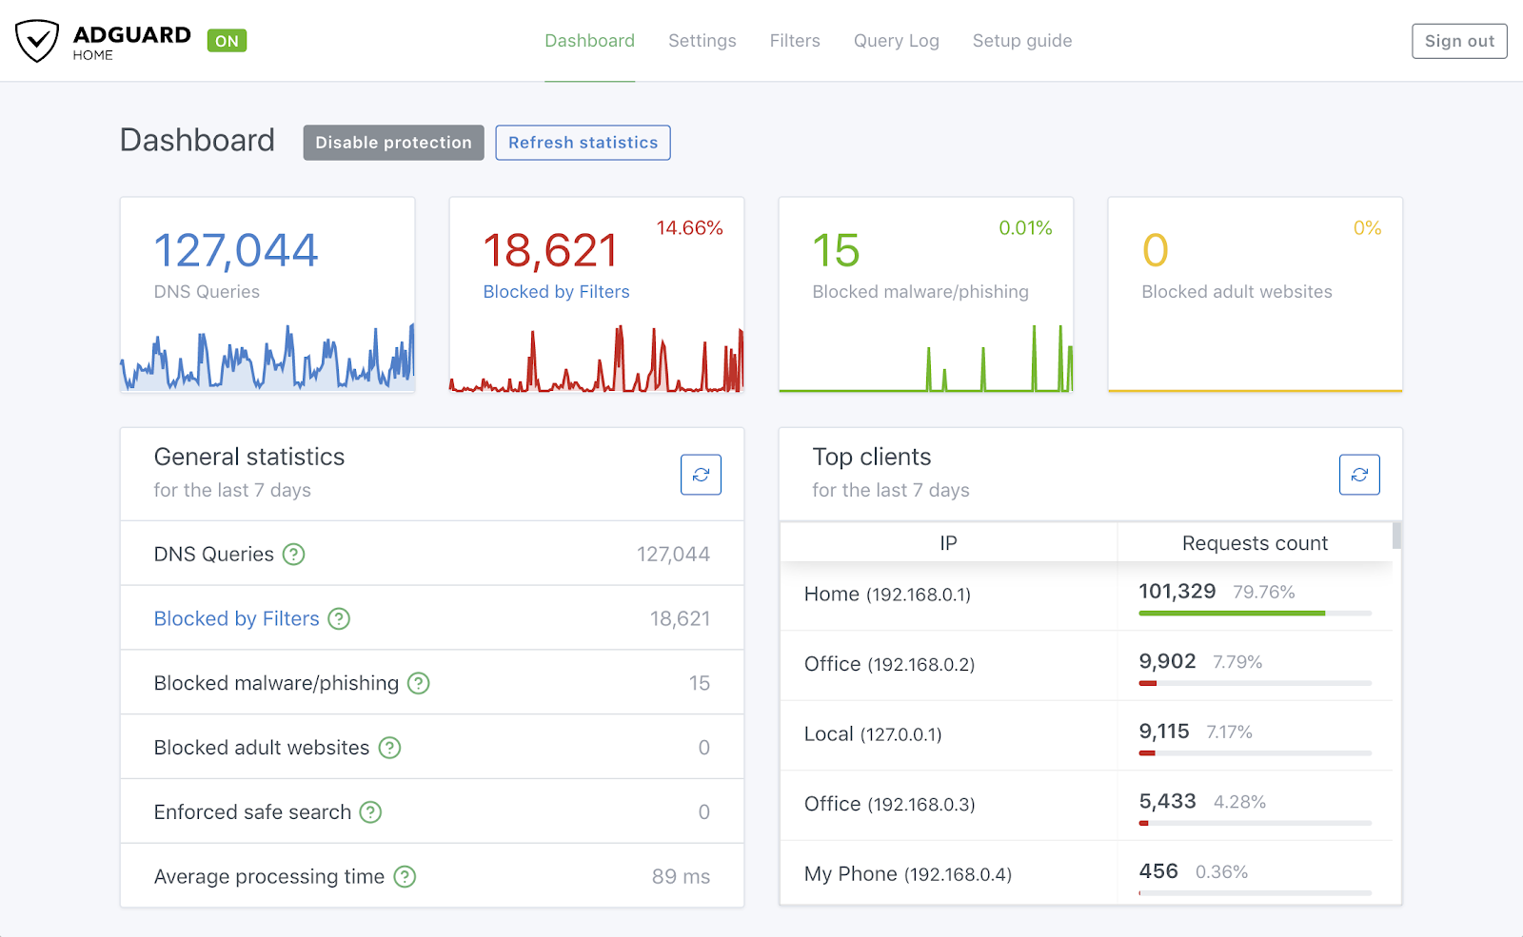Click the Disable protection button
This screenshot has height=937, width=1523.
pyautogui.click(x=393, y=143)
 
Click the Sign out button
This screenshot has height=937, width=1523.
pyautogui.click(x=1458, y=41)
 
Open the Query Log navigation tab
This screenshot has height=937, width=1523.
pyautogui.click(x=896, y=41)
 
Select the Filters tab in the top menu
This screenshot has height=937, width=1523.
pyautogui.click(x=794, y=41)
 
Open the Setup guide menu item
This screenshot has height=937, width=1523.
pyautogui.click(x=1021, y=41)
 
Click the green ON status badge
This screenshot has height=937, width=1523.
pyautogui.click(x=227, y=41)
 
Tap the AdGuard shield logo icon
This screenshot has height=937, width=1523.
pyautogui.click(x=37, y=41)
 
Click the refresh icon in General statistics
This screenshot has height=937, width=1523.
pyautogui.click(x=701, y=475)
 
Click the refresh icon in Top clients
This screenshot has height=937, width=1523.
pyautogui.click(x=1358, y=475)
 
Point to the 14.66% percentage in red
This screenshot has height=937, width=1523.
pyautogui.click(x=689, y=228)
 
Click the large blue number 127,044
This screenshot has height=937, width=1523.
pyautogui.click(x=235, y=251)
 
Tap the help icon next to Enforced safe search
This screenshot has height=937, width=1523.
pyautogui.click(x=370, y=812)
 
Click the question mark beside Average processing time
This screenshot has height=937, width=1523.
pyautogui.click(x=405, y=877)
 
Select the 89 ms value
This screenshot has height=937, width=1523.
pyautogui.click(x=681, y=877)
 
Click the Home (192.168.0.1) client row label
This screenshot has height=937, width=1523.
pyautogui.click(x=887, y=595)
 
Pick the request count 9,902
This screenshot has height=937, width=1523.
pyautogui.click(x=1167, y=662)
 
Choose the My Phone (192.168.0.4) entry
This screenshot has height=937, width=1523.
pyautogui.click(x=907, y=874)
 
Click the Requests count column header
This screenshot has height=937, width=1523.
pyautogui.click(x=1254, y=543)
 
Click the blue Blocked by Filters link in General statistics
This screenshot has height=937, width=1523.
pyautogui.click(x=236, y=619)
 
